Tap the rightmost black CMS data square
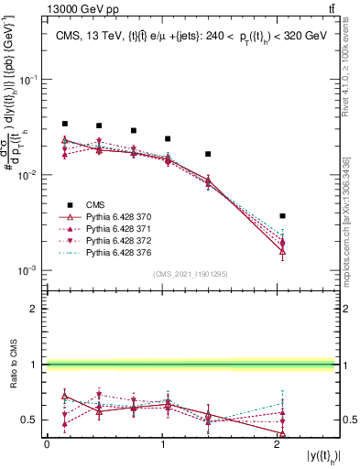(283, 216)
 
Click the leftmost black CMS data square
(64, 124)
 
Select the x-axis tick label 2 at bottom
(277, 444)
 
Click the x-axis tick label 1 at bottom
(162, 444)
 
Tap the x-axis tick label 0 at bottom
(47, 444)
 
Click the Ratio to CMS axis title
(14, 365)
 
